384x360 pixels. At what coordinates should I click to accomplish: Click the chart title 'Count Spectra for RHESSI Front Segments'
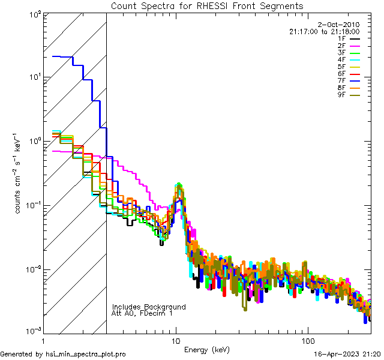click(207, 5)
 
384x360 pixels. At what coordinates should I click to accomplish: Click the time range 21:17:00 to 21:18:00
click(324, 31)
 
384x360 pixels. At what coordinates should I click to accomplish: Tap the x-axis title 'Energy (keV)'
click(206, 349)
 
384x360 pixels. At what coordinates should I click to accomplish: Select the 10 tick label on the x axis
click(175, 341)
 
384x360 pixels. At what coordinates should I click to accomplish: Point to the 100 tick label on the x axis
click(307, 341)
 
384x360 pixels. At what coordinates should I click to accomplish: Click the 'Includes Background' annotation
click(149, 307)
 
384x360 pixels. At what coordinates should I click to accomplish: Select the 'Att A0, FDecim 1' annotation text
click(142, 313)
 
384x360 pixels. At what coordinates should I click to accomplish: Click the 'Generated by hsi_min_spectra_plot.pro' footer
click(63, 354)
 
